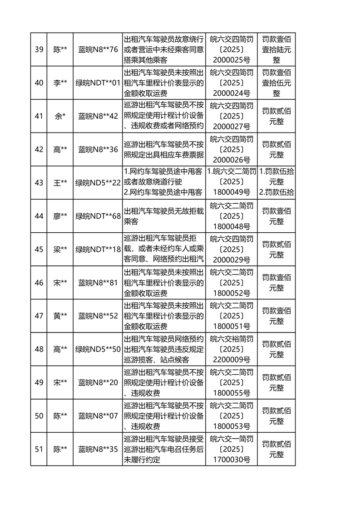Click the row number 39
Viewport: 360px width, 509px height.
tap(39, 49)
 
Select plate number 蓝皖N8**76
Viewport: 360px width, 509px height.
tap(98, 49)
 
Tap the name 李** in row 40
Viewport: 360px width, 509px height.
tap(60, 83)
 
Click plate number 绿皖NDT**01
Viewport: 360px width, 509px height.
tap(98, 83)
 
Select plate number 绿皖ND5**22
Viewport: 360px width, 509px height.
tap(98, 182)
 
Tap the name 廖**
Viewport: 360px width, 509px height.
tap(60, 216)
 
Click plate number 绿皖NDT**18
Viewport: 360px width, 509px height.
tap(98, 249)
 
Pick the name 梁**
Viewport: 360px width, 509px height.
tap(60, 249)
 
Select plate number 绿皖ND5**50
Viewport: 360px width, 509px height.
tap(98, 349)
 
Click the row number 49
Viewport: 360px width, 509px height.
tap(39, 382)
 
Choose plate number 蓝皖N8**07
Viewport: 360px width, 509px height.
tap(98, 416)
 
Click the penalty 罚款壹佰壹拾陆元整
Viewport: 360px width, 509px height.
tap(276, 49)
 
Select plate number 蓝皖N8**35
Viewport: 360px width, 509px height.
tap(98, 449)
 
